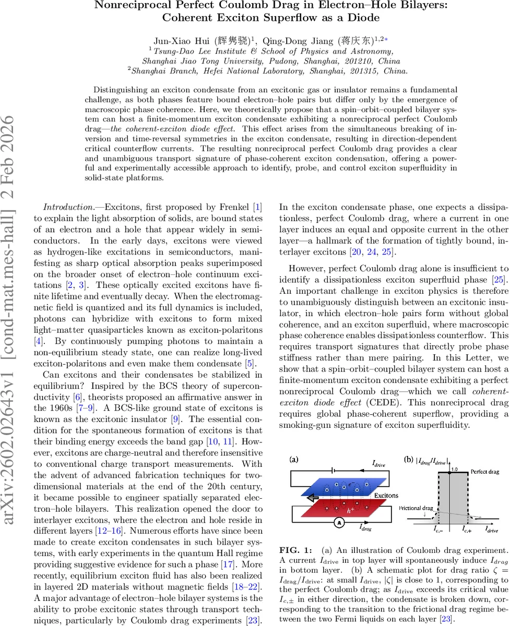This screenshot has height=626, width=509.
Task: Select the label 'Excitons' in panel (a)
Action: (386, 496)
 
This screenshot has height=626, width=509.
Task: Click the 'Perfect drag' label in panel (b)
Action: (484, 472)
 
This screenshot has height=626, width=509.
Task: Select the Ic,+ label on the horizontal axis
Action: (467, 529)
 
